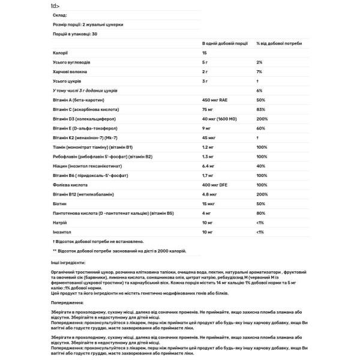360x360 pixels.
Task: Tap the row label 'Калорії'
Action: pyautogui.click(x=60, y=53)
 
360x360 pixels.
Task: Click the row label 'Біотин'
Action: pyautogui.click(x=59, y=204)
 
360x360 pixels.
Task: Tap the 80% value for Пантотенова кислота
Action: pyautogui.click(x=260, y=213)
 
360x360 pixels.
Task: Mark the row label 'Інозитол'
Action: pyautogui.click(x=62, y=232)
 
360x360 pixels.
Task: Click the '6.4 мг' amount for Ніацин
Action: pyautogui.click(x=208, y=166)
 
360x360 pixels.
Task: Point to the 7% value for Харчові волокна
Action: pyautogui.click(x=259, y=71)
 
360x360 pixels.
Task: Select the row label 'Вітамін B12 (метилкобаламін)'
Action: pyautogui.click(x=84, y=194)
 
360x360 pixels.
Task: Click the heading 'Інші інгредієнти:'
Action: pyautogui.click(x=69, y=263)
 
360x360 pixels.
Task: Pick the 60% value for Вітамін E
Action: pyautogui.click(x=260, y=128)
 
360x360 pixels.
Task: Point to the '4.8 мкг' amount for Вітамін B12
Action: pyautogui.click(x=209, y=194)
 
